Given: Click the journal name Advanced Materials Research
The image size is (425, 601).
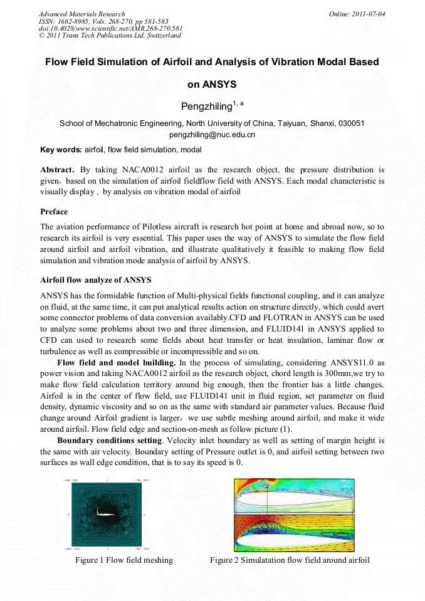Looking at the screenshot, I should point(81,14).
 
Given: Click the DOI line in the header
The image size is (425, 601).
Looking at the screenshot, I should point(110,28).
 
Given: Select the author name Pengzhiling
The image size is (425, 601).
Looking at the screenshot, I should point(206,107).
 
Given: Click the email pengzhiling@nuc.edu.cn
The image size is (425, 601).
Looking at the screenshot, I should point(212,135).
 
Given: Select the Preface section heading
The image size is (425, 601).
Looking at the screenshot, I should point(54,212).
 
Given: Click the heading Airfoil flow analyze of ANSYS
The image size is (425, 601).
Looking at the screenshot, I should point(95,280).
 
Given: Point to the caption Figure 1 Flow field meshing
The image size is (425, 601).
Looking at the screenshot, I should point(123,560).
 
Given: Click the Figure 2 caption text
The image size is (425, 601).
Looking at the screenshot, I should point(290,560).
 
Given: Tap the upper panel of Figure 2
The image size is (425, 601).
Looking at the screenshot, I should point(294,496).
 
